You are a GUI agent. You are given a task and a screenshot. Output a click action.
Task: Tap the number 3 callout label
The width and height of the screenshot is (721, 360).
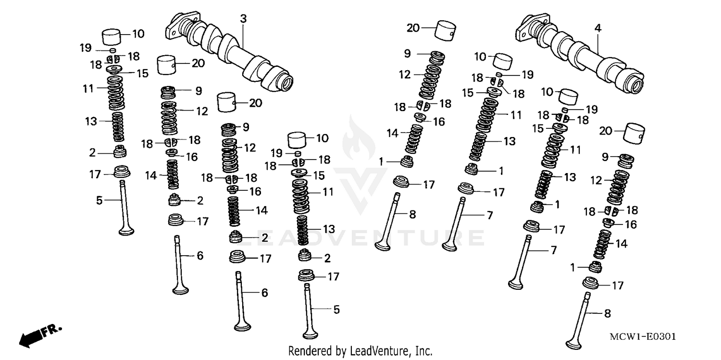coord(243,19)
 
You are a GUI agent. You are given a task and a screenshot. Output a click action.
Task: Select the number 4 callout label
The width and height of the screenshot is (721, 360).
coord(597,28)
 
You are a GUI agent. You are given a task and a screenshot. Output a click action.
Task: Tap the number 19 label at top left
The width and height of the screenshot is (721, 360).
coord(85,48)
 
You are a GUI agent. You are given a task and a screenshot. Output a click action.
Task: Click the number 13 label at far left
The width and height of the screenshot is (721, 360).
coord(91,121)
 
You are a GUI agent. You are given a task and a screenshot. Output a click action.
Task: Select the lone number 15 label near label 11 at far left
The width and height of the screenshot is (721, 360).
coord(143,74)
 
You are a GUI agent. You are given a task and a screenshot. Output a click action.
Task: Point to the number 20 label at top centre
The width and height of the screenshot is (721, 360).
coord(413,28)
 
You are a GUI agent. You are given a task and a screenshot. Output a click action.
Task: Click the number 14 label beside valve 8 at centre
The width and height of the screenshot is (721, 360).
coord(393,133)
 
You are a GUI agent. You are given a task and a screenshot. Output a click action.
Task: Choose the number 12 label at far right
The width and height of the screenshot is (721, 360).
coord(596,181)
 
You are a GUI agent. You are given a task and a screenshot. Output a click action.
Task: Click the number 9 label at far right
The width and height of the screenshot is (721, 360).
coord(605,156)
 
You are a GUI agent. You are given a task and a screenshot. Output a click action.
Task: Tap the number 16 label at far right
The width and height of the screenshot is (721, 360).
coord(630,224)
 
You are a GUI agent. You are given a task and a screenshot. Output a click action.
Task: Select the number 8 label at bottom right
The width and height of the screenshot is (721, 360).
coord(607,313)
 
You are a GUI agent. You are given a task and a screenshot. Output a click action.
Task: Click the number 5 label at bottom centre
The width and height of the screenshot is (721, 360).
coord(336,310)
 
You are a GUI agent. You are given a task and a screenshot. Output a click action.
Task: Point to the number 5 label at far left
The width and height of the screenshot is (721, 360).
coord(99,200)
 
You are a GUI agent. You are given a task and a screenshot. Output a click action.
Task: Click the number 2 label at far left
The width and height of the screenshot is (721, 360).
coord(92,153)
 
